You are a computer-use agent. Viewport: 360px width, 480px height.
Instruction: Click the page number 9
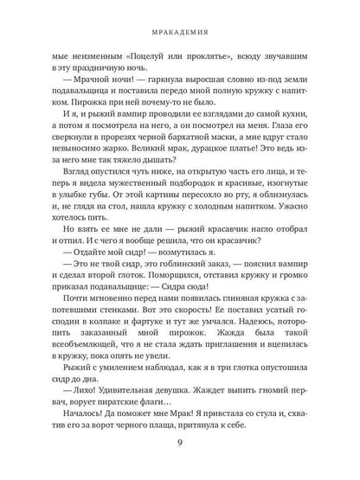point(179,450)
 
